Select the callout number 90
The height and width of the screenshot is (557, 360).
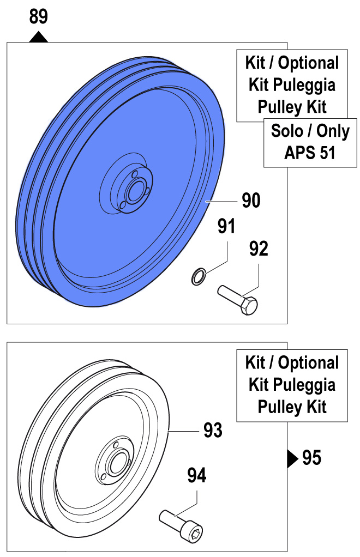click(x=251, y=201)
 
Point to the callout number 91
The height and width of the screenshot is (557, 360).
click(x=226, y=226)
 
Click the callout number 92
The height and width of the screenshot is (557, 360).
click(x=259, y=249)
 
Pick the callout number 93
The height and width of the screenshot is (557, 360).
click(x=213, y=431)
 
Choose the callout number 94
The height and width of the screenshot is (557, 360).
click(x=197, y=476)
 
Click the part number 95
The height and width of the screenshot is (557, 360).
click(x=311, y=458)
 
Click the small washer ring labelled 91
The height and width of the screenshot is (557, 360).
click(x=197, y=277)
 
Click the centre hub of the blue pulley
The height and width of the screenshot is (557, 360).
click(x=133, y=192)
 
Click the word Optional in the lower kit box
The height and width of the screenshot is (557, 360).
click(x=308, y=362)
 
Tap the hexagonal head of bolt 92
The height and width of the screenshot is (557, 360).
click(x=251, y=305)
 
